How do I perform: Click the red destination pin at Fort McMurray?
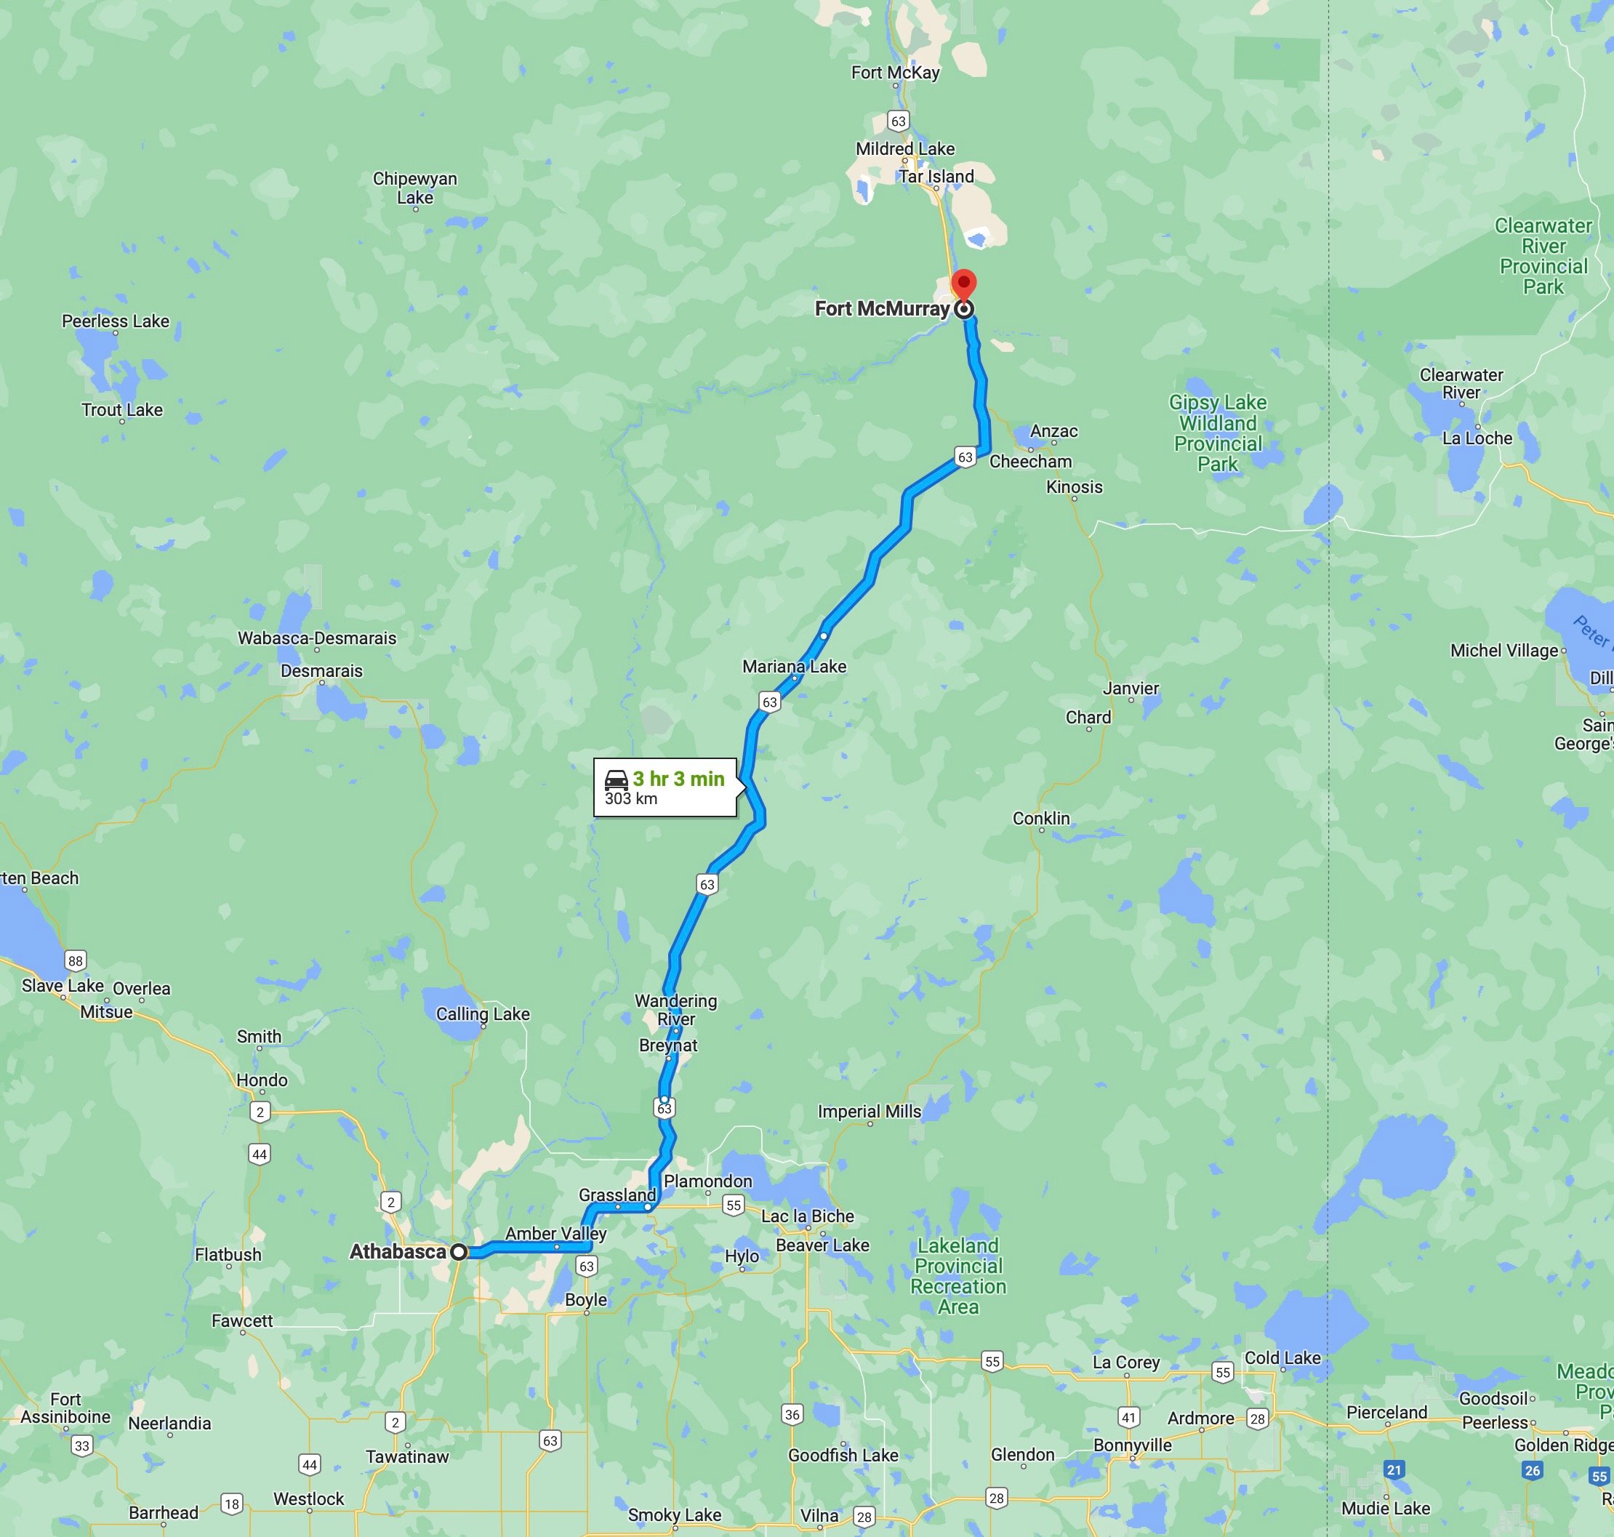coord(963,284)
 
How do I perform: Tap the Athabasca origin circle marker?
coord(459,1252)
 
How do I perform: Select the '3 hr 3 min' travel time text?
coord(678,779)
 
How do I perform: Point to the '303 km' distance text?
coord(631,799)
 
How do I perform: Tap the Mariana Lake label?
coord(794,667)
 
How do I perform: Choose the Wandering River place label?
coord(676,1009)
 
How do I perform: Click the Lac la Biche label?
coord(807,1216)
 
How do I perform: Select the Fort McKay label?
coord(895,73)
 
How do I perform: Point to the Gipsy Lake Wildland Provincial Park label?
coord(1218,433)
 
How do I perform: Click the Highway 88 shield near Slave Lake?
coord(76,961)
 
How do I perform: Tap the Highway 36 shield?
coord(792,1414)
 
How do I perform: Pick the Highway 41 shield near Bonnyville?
coord(1129,1417)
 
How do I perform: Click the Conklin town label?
coord(1040,819)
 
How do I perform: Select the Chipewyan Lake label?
coord(414,188)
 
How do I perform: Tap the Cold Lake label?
coord(1282,1357)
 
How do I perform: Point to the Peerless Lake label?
coord(116,321)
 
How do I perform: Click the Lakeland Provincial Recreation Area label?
coord(957,1276)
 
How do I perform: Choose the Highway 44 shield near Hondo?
coord(260,1155)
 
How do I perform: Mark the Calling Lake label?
coord(483,1014)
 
